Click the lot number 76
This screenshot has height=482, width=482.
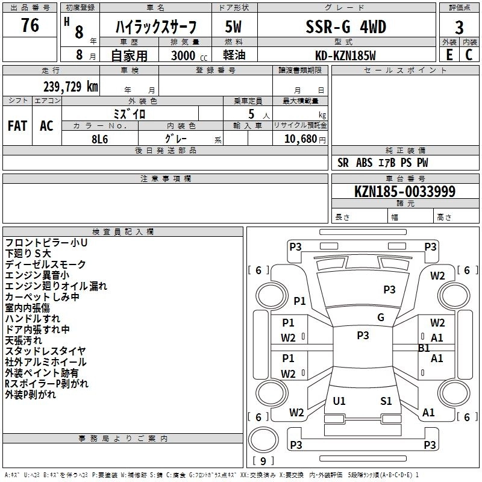click(x=30, y=26)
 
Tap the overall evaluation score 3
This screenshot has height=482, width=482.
click(x=459, y=28)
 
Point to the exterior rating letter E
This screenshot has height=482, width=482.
click(x=449, y=55)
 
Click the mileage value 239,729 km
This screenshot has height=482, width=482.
click(x=70, y=87)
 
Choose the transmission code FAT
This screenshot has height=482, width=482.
click(x=17, y=125)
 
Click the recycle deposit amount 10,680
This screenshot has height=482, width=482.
click(x=300, y=139)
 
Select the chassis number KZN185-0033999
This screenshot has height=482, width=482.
click(x=405, y=192)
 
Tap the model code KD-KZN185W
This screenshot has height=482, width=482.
click(x=345, y=55)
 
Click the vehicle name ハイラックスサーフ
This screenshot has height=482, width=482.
click(x=156, y=28)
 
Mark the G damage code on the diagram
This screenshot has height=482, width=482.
click(x=380, y=318)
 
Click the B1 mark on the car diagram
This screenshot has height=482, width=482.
click(x=424, y=348)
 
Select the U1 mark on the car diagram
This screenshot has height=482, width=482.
click(x=339, y=401)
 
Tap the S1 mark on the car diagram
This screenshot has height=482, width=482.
click(x=386, y=401)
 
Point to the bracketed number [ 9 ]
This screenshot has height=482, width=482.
click(x=263, y=461)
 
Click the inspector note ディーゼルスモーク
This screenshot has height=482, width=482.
click(x=46, y=264)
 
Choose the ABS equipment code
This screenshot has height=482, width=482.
click(x=364, y=163)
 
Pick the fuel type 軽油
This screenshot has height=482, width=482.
click(x=234, y=55)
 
